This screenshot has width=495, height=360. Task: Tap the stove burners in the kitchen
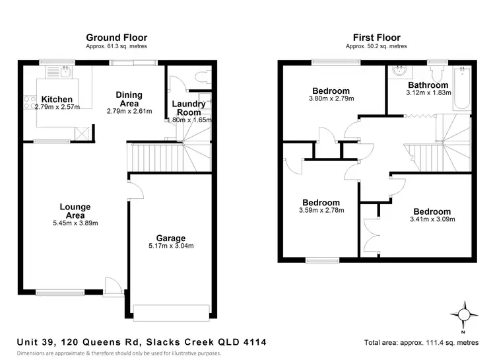[x=30, y=102]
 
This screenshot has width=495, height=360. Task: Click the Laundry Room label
[x=188, y=108]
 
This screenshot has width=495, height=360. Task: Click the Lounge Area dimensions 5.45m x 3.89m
[x=75, y=223]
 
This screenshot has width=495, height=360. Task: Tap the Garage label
[x=170, y=238]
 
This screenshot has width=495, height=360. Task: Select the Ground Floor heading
[x=117, y=38]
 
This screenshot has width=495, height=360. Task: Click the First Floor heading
[x=376, y=38]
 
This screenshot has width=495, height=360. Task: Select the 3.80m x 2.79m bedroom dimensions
[x=331, y=99]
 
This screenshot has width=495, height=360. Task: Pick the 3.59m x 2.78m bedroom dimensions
[x=321, y=211]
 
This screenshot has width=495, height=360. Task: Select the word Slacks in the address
[x=168, y=342]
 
